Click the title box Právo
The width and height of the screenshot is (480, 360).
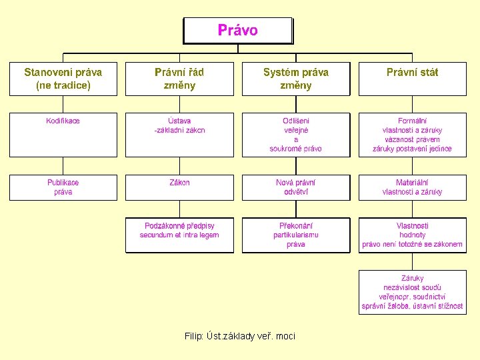238,31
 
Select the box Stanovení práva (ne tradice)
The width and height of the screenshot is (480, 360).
63,79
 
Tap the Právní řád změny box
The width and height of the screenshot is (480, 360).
179,79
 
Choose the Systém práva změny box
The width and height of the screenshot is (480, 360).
296,79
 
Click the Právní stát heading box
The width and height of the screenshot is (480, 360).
413,79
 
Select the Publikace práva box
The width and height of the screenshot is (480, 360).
63,187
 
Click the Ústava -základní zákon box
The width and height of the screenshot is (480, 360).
179,135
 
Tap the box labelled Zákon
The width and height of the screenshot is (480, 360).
179,187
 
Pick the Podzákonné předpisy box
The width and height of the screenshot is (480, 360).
179,235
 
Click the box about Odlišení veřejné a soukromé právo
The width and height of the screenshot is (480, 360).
296,135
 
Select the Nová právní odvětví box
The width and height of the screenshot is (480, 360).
296,187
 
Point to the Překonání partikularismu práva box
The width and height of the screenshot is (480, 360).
296,235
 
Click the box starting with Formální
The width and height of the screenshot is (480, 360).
413,135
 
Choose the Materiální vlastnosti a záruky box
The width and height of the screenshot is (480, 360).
413,187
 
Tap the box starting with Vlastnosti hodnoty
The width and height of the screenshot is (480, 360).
413,235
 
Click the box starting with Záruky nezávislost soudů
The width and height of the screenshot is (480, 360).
413,292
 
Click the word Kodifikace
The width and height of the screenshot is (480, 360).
63,121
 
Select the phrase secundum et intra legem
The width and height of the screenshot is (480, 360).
179,235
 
